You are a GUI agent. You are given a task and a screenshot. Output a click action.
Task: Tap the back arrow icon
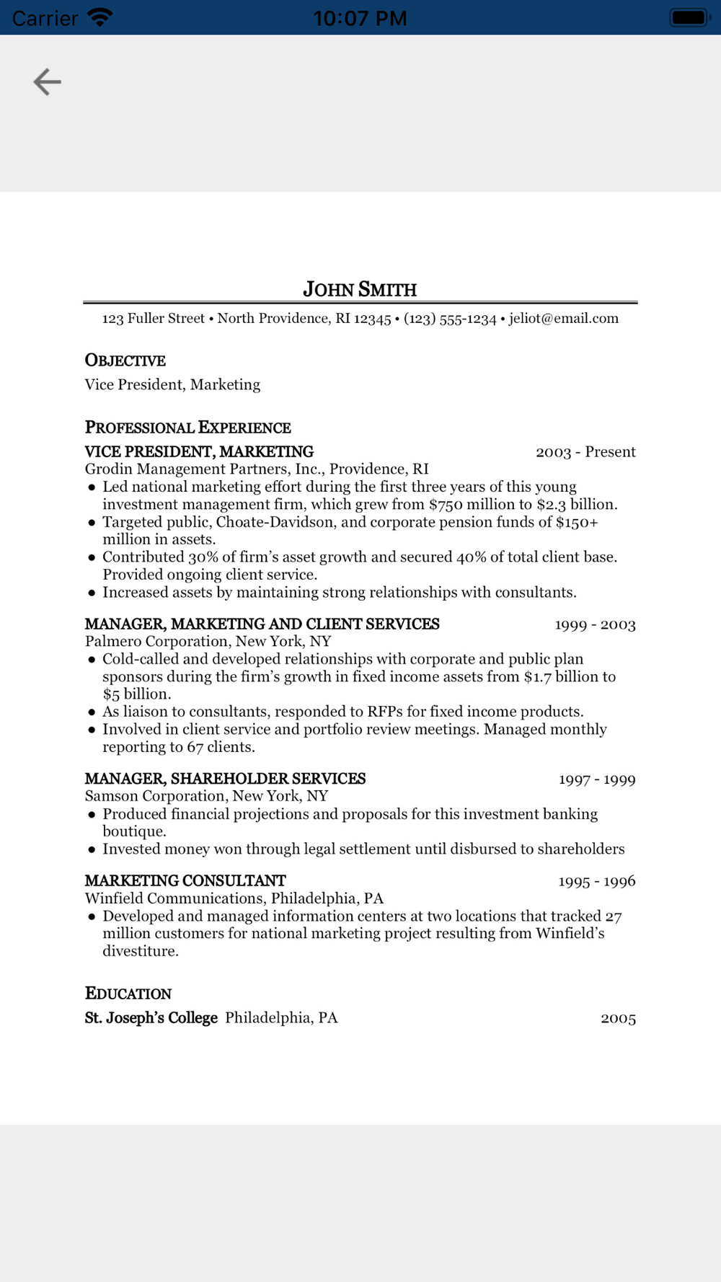pyautogui.click(x=48, y=81)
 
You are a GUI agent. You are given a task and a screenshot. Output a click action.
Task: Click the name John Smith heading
pyautogui.click(x=360, y=289)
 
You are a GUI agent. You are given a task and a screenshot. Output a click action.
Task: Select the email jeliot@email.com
pyautogui.click(x=564, y=318)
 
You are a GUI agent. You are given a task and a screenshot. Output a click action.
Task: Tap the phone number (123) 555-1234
pyautogui.click(x=450, y=318)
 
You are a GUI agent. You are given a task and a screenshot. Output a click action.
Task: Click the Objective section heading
pyautogui.click(x=125, y=360)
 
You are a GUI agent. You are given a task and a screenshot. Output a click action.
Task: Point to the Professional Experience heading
pyautogui.click(x=188, y=427)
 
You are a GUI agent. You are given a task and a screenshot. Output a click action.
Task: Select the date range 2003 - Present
pyautogui.click(x=585, y=451)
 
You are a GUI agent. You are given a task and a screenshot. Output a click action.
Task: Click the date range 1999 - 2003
pyautogui.click(x=595, y=624)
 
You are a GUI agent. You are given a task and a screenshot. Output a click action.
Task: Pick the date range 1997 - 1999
pyautogui.click(x=597, y=779)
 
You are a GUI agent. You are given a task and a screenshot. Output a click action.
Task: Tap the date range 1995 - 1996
pyautogui.click(x=597, y=881)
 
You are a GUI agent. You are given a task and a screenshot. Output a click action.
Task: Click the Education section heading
pyautogui.click(x=128, y=993)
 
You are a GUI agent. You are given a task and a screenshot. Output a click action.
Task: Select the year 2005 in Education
pyautogui.click(x=618, y=1018)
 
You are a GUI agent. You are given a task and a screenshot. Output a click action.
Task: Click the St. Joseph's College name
pyautogui.click(x=151, y=1017)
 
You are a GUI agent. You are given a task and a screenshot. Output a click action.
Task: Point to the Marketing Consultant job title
pyautogui.click(x=185, y=880)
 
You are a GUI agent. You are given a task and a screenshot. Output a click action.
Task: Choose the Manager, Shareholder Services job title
pyautogui.click(x=225, y=779)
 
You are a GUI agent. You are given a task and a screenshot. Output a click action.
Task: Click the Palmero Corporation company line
pyautogui.click(x=208, y=641)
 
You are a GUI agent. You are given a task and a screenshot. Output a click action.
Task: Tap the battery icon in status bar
pyautogui.click(x=690, y=17)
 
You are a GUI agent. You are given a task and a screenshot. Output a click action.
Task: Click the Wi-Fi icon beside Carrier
pyautogui.click(x=100, y=17)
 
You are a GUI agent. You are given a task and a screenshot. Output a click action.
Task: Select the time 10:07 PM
pyautogui.click(x=360, y=18)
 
